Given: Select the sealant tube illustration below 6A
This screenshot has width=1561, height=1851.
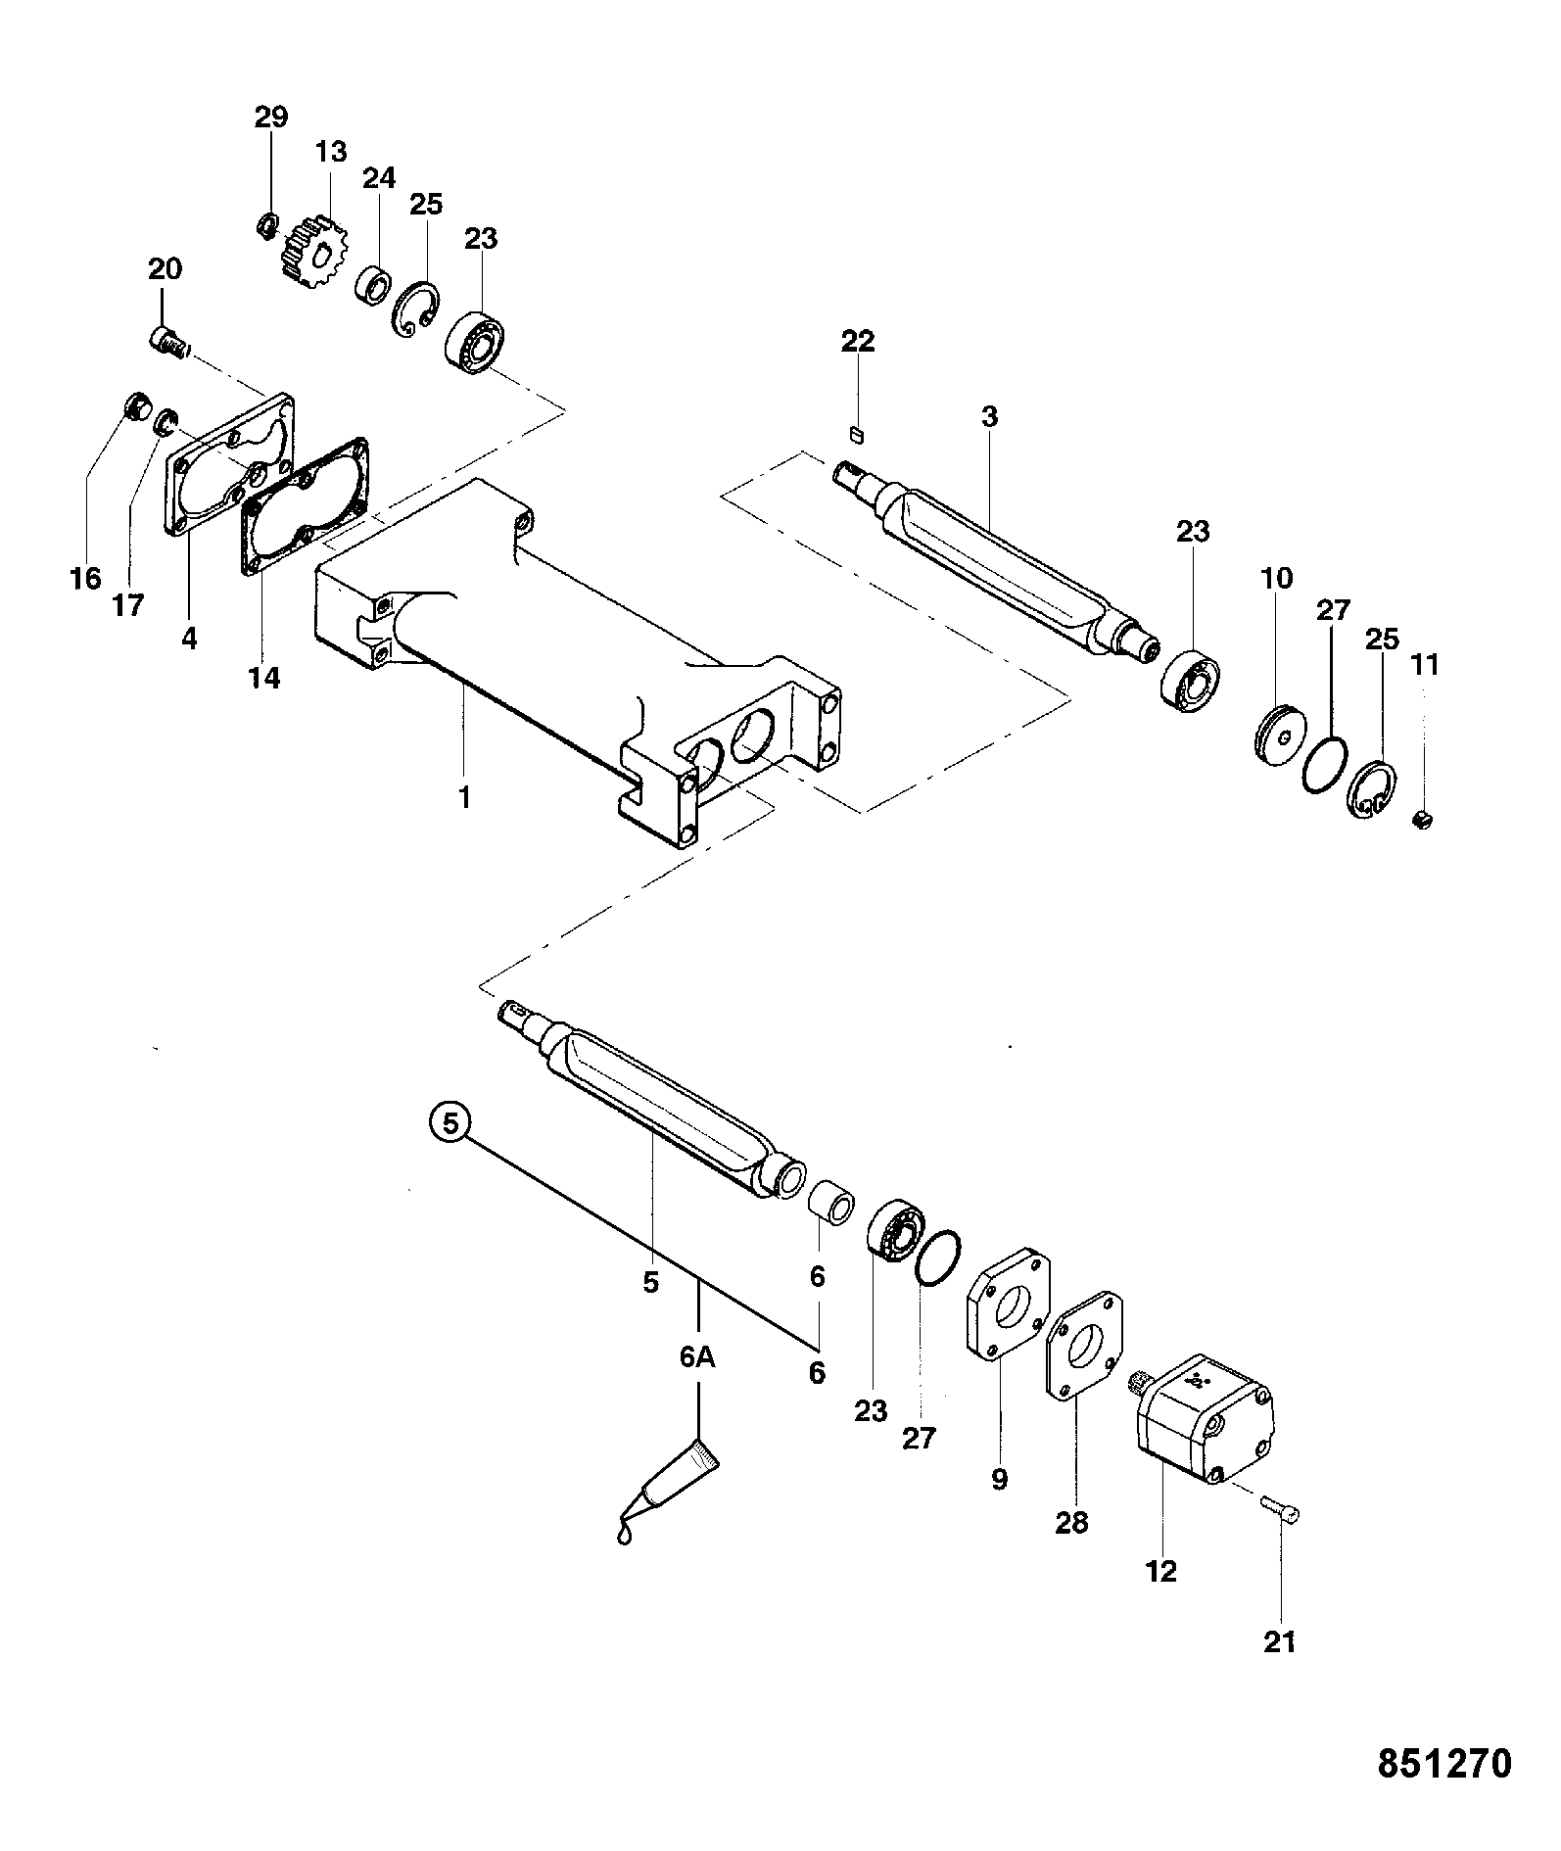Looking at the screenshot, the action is [x=667, y=1503].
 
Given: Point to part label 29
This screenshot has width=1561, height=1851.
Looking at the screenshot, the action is [x=271, y=118].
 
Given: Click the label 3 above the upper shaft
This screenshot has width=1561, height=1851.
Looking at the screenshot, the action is [x=989, y=416].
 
